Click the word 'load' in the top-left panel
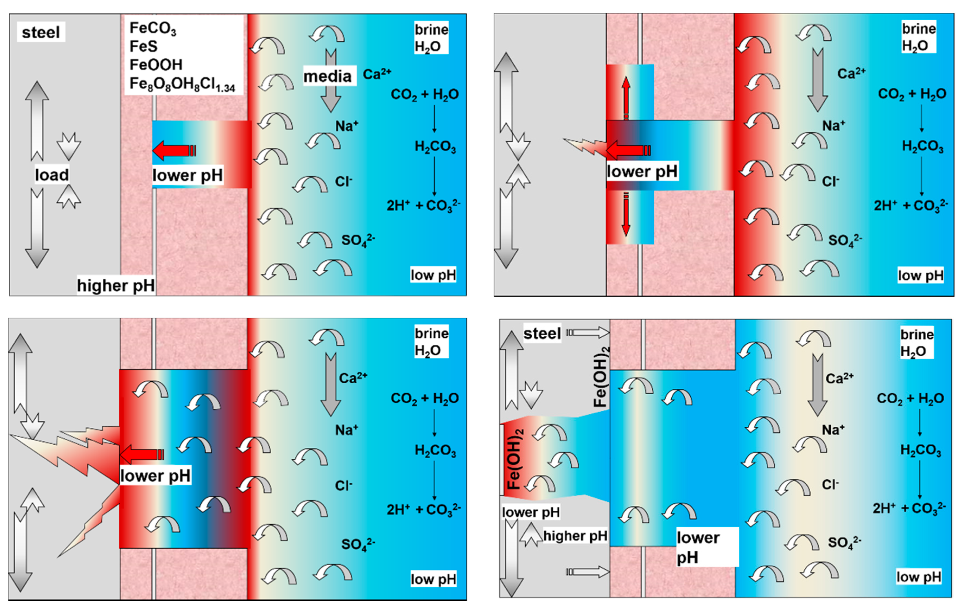coord(52,175)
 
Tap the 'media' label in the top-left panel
coord(328,76)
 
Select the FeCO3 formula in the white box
coord(153,28)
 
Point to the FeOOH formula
coord(156,64)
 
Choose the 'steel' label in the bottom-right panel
coord(542,334)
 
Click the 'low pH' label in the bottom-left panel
coord(433,579)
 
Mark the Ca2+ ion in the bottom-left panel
coord(353,378)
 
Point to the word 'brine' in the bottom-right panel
coord(917,334)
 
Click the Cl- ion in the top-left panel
coord(343,182)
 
